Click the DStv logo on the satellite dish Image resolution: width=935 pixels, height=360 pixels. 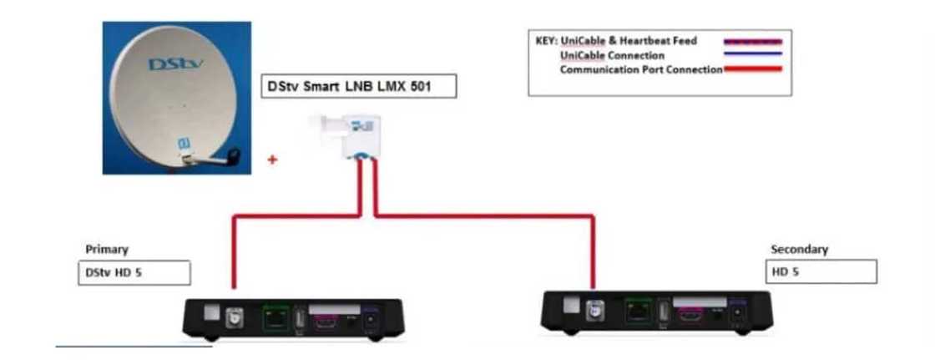tap(170, 64)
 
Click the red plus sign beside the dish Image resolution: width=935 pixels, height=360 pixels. tap(272, 160)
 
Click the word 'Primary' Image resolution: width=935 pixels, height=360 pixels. tap(107, 249)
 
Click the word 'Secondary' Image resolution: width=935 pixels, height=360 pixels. tap(799, 249)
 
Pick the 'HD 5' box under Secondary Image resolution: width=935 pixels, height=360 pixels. tap(821, 271)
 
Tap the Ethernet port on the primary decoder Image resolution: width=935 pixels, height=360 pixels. tap(275, 318)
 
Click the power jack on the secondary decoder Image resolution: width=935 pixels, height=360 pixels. tap(736, 313)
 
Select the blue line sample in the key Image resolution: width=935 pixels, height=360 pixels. tap(752, 54)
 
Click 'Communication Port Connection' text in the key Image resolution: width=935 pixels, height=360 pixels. tap(640, 69)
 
